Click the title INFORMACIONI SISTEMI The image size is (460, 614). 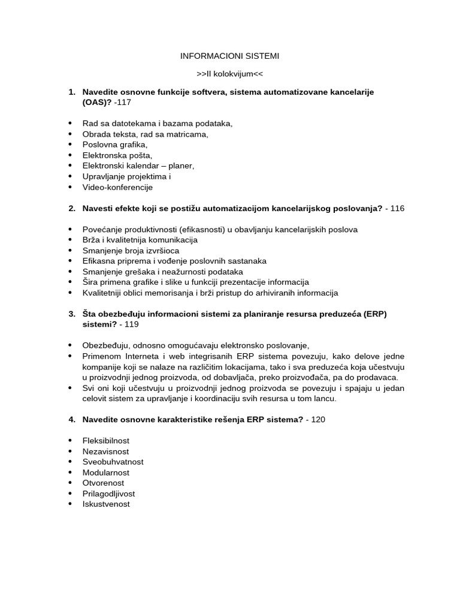[229, 56]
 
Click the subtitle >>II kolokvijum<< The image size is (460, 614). [229, 74]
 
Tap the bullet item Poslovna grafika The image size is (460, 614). [114, 145]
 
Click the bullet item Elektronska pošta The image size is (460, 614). [117, 155]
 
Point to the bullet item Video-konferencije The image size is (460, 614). [117, 187]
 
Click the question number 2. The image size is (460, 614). [72, 209]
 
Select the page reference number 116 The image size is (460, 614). [397, 209]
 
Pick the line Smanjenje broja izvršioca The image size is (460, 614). [131, 251]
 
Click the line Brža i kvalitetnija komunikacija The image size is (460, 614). [140, 240]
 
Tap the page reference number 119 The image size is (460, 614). [131, 324]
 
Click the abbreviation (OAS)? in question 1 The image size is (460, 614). [96, 103]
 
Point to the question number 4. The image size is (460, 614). [72, 420]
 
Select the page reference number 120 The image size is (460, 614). [317, 420]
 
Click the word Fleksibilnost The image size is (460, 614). [105, 441]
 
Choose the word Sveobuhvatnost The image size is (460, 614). [113, 462]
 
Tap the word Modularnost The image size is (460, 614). [105, 472]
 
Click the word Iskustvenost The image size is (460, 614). [106, 504]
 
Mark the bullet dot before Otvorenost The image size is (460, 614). [70, 483]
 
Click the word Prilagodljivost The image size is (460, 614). [108, 493]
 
